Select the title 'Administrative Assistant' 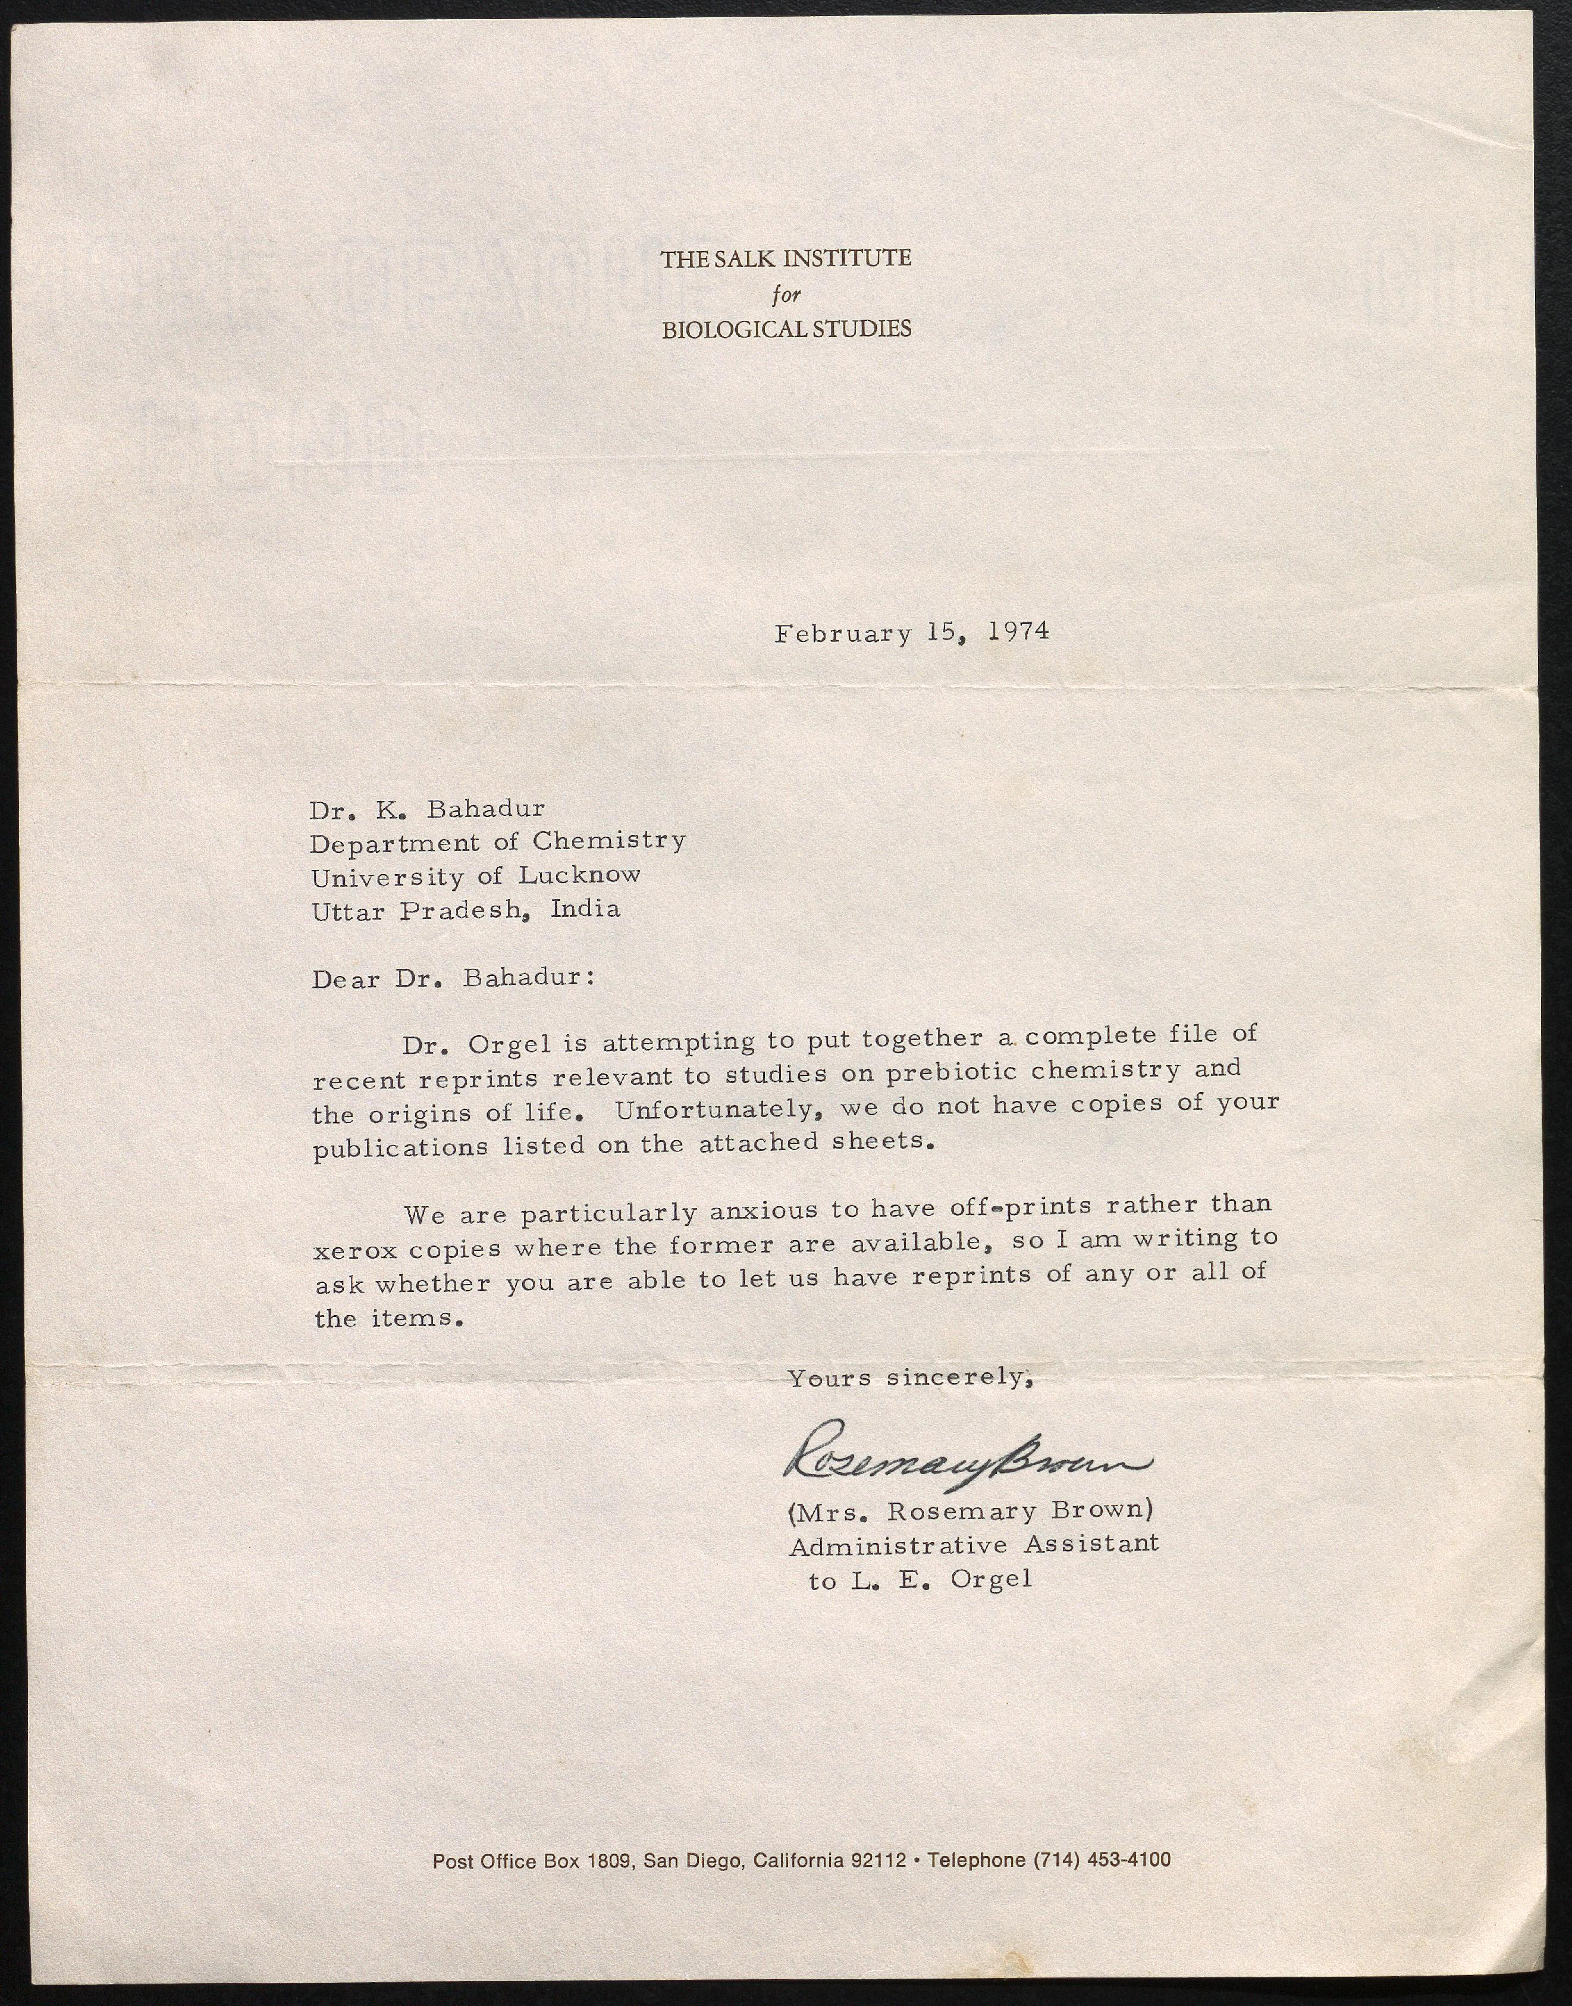pos(974,1545)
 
